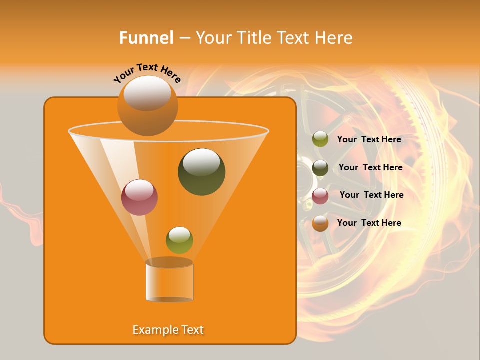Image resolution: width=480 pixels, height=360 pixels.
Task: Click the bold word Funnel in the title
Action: click(146, 37)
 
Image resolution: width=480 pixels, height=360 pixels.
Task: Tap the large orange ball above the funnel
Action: click(147, 106)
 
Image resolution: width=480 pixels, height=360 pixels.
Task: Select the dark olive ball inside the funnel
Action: click(201, 171)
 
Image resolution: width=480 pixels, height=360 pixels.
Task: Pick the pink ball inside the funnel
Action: click(139, 197)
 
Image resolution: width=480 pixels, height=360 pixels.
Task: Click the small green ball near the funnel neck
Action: click(179, 240)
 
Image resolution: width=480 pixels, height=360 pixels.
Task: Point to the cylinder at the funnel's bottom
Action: click(169, 281)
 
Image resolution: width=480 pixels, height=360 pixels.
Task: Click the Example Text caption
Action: click(168, 330)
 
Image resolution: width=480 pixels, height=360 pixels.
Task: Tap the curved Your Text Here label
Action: click(147, 73)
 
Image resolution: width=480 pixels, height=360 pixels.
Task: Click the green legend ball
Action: click(320, 139)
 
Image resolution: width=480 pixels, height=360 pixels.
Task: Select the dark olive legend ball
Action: click(320, 168)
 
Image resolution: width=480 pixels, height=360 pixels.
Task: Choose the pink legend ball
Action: click(320, 196)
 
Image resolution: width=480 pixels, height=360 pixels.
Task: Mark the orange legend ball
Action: click(320, 223)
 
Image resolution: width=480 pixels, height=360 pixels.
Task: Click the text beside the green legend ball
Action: click(369, 139)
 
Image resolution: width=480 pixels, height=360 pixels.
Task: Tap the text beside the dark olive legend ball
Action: click(370, 167)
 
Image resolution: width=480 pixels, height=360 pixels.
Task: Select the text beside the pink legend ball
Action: click(371, 195)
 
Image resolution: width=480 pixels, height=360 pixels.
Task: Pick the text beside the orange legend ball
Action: click(369, 223)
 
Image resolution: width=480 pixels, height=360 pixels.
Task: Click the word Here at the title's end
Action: click(334, 37)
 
